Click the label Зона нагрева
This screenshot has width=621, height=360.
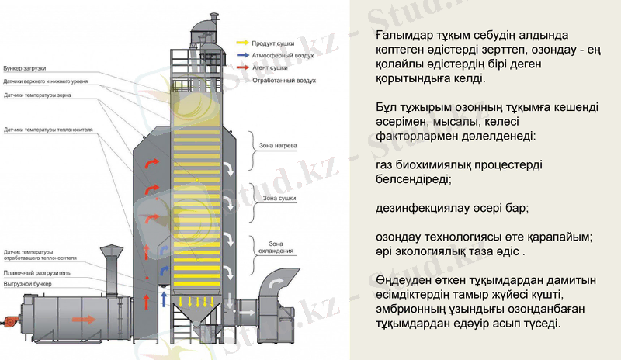coord(271,145)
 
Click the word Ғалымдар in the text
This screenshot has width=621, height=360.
coord(402,36)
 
